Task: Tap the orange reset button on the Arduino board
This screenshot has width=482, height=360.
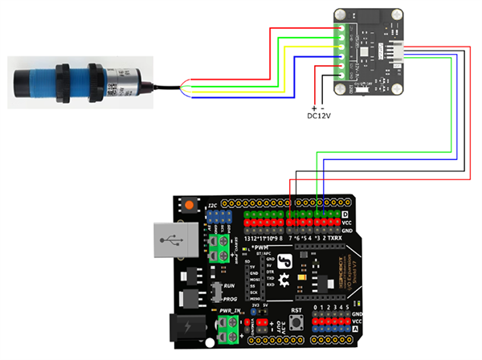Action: point(190,206)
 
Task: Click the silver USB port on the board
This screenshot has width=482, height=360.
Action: point(170,240)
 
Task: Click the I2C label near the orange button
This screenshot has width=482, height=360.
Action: point(213,207)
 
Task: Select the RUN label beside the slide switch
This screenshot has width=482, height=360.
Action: point(229,285)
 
